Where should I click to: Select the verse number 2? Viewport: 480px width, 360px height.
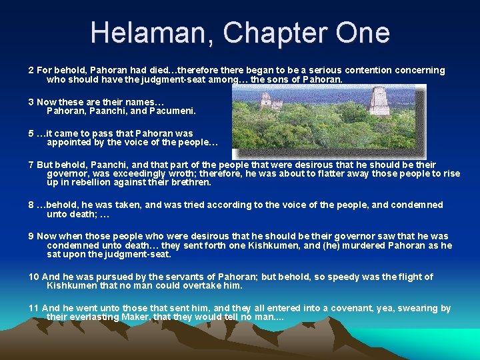pos(31,70)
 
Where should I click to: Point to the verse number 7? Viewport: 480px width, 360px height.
pos(31,164)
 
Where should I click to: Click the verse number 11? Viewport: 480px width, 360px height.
pos(33,308)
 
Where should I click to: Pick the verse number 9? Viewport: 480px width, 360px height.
pos(31,236)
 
